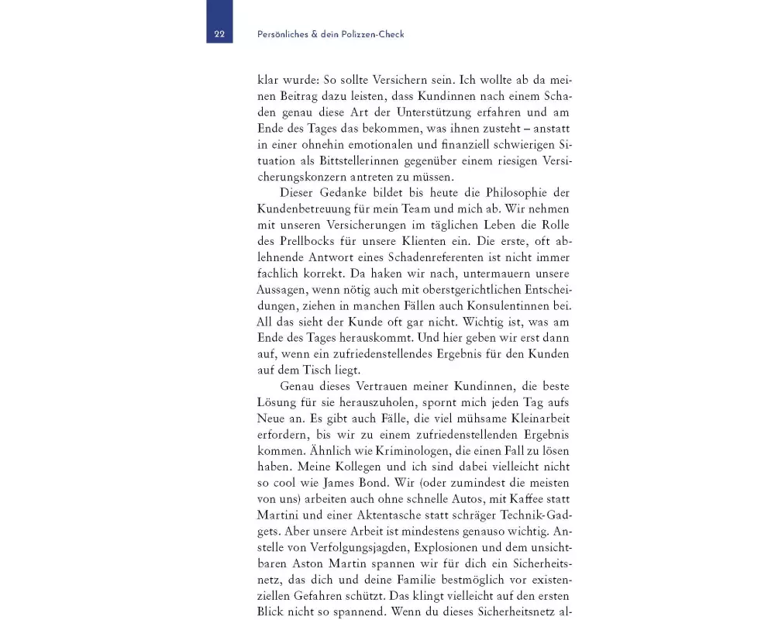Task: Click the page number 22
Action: click(x=219, y=34)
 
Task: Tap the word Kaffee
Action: click(x=507, y=498)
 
